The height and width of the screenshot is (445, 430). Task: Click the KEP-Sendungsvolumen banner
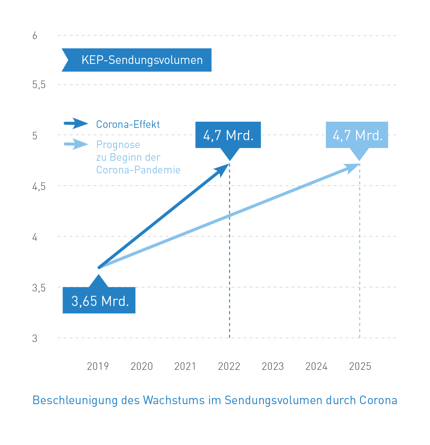(x=137, y=60)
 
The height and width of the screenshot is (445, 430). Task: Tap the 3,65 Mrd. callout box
(x=99, y=301)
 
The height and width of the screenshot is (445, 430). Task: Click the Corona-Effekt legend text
(x=128, y=124)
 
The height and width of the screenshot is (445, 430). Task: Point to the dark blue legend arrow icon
(x=76, y=124)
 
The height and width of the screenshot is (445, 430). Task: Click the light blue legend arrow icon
(x=76, y=144)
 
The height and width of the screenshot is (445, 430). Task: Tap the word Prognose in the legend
(x=118, y=145)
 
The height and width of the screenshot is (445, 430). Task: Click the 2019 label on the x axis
(x=98, y=366)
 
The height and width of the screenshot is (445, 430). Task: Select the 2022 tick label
(x=229, y=366)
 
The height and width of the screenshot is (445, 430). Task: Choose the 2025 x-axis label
(x=360, y=366)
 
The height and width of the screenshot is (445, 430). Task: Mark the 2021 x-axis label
(x=185, y=366)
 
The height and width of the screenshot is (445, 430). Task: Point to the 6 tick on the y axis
(x=35, y=36)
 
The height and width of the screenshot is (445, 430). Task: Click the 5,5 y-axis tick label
(x=39, y=85)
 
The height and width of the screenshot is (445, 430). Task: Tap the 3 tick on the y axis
(x=35, y=338)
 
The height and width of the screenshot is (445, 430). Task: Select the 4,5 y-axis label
(x=39, y=186)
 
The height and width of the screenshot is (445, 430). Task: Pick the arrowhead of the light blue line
(x=353, y=167)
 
